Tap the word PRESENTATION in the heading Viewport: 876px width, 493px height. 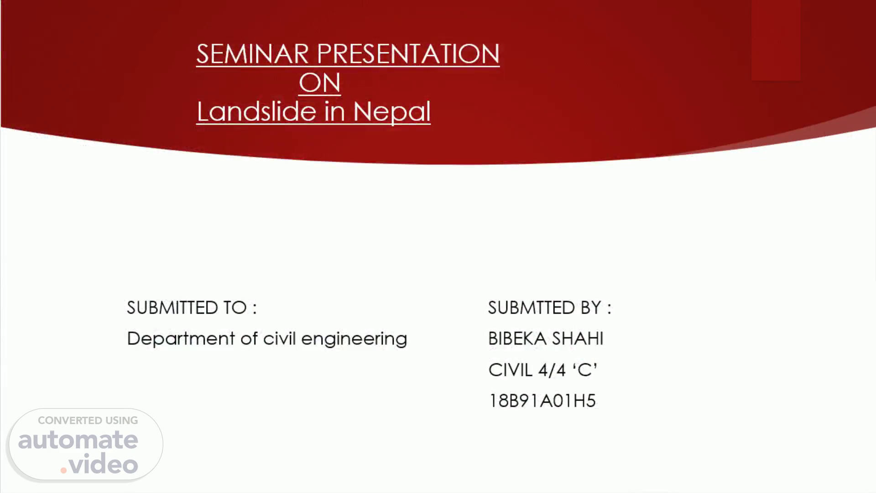tap(408, 54)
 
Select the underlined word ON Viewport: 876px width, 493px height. tap(320, 83)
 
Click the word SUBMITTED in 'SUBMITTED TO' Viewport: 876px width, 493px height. tap(172, 308)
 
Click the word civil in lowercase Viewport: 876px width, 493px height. tap(280, 338)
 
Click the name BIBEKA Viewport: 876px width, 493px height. tap(517, 339)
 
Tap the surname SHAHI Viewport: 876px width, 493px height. tap(578, 339)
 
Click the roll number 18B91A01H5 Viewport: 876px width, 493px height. tap(542, 401)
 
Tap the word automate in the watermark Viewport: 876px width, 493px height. tap(78, 440)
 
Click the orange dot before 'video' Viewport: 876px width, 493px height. tap(63, 470)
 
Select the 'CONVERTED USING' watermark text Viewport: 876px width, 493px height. tap(88, 420)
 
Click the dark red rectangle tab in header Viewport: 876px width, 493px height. tap(776, 40)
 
